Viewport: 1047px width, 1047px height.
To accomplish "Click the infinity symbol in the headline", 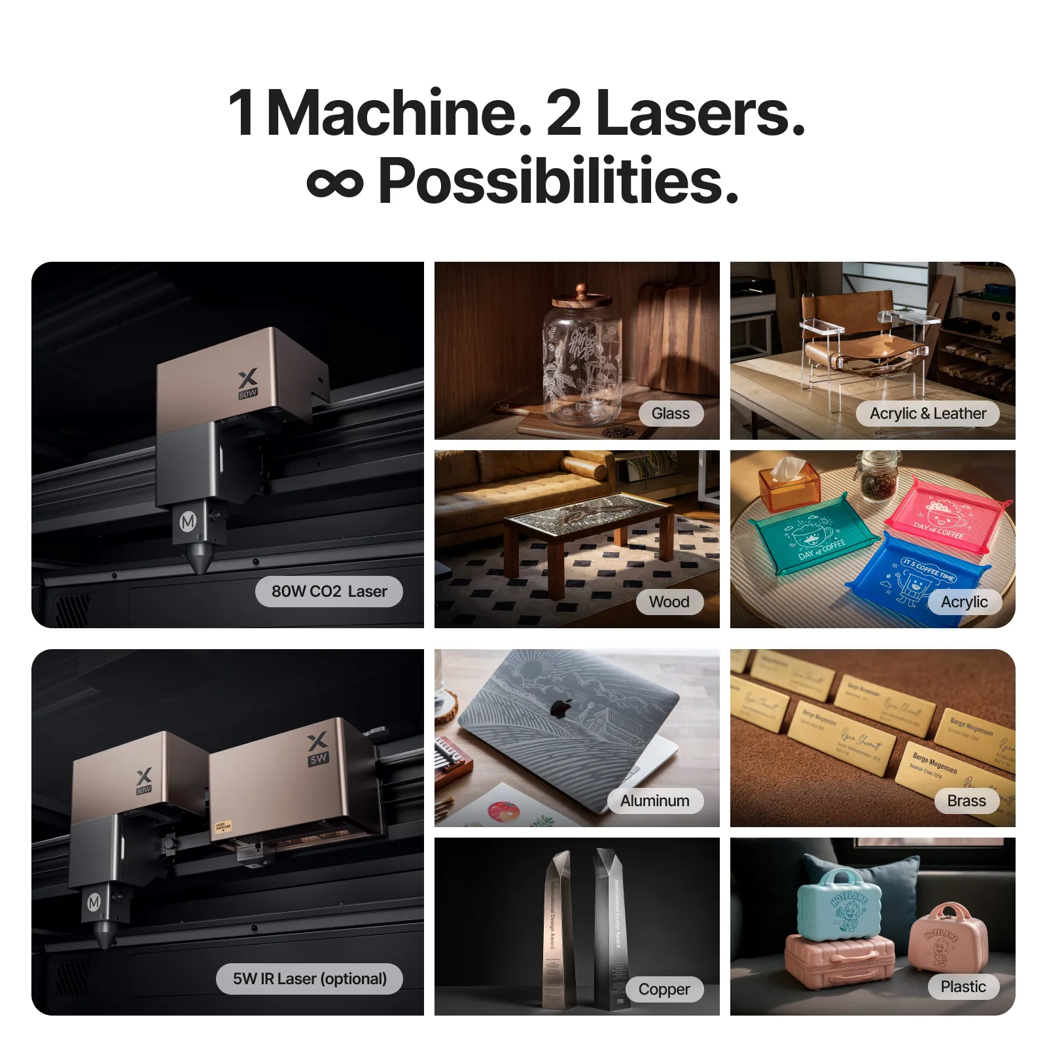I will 334,183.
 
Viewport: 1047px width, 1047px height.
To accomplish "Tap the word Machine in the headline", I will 399,114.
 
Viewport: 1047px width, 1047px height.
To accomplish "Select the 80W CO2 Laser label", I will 328,592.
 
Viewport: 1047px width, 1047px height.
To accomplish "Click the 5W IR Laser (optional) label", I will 310,979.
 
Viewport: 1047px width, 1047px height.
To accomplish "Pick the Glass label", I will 671,414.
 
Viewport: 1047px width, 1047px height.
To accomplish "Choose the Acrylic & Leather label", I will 927,414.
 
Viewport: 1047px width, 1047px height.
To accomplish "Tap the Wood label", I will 669,602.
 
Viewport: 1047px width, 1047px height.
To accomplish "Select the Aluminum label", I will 655,801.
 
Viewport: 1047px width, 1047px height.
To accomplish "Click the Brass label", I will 966,801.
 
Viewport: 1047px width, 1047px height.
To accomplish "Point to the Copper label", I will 664,989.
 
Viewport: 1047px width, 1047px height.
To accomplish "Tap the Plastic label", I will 963,987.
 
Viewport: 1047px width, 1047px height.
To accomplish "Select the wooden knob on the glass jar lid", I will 581,290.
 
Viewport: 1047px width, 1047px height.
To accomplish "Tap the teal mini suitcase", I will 840,902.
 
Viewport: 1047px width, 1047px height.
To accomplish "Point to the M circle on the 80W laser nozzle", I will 188,522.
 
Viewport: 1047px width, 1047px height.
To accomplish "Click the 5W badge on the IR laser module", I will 319,759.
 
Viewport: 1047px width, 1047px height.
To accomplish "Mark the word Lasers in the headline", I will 700,114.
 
